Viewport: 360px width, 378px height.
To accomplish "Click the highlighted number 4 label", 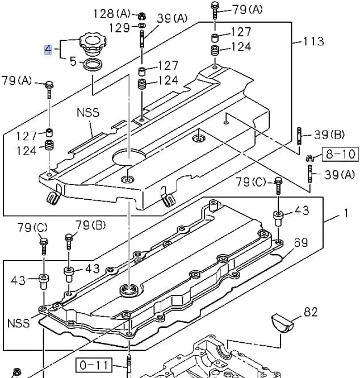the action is (48, 49).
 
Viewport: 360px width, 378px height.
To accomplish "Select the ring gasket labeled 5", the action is (93, 64).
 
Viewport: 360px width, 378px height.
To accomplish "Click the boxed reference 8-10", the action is (341, 154).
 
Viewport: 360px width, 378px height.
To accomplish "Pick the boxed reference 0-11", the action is (94, 365).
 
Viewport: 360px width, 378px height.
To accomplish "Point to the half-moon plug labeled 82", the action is (282, 323).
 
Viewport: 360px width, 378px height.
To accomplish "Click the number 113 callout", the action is (313, 41).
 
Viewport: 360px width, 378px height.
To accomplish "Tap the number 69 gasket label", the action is (301, 243).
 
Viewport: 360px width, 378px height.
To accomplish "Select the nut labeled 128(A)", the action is (142, 16).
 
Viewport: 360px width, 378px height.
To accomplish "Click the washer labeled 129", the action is (142, 26).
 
